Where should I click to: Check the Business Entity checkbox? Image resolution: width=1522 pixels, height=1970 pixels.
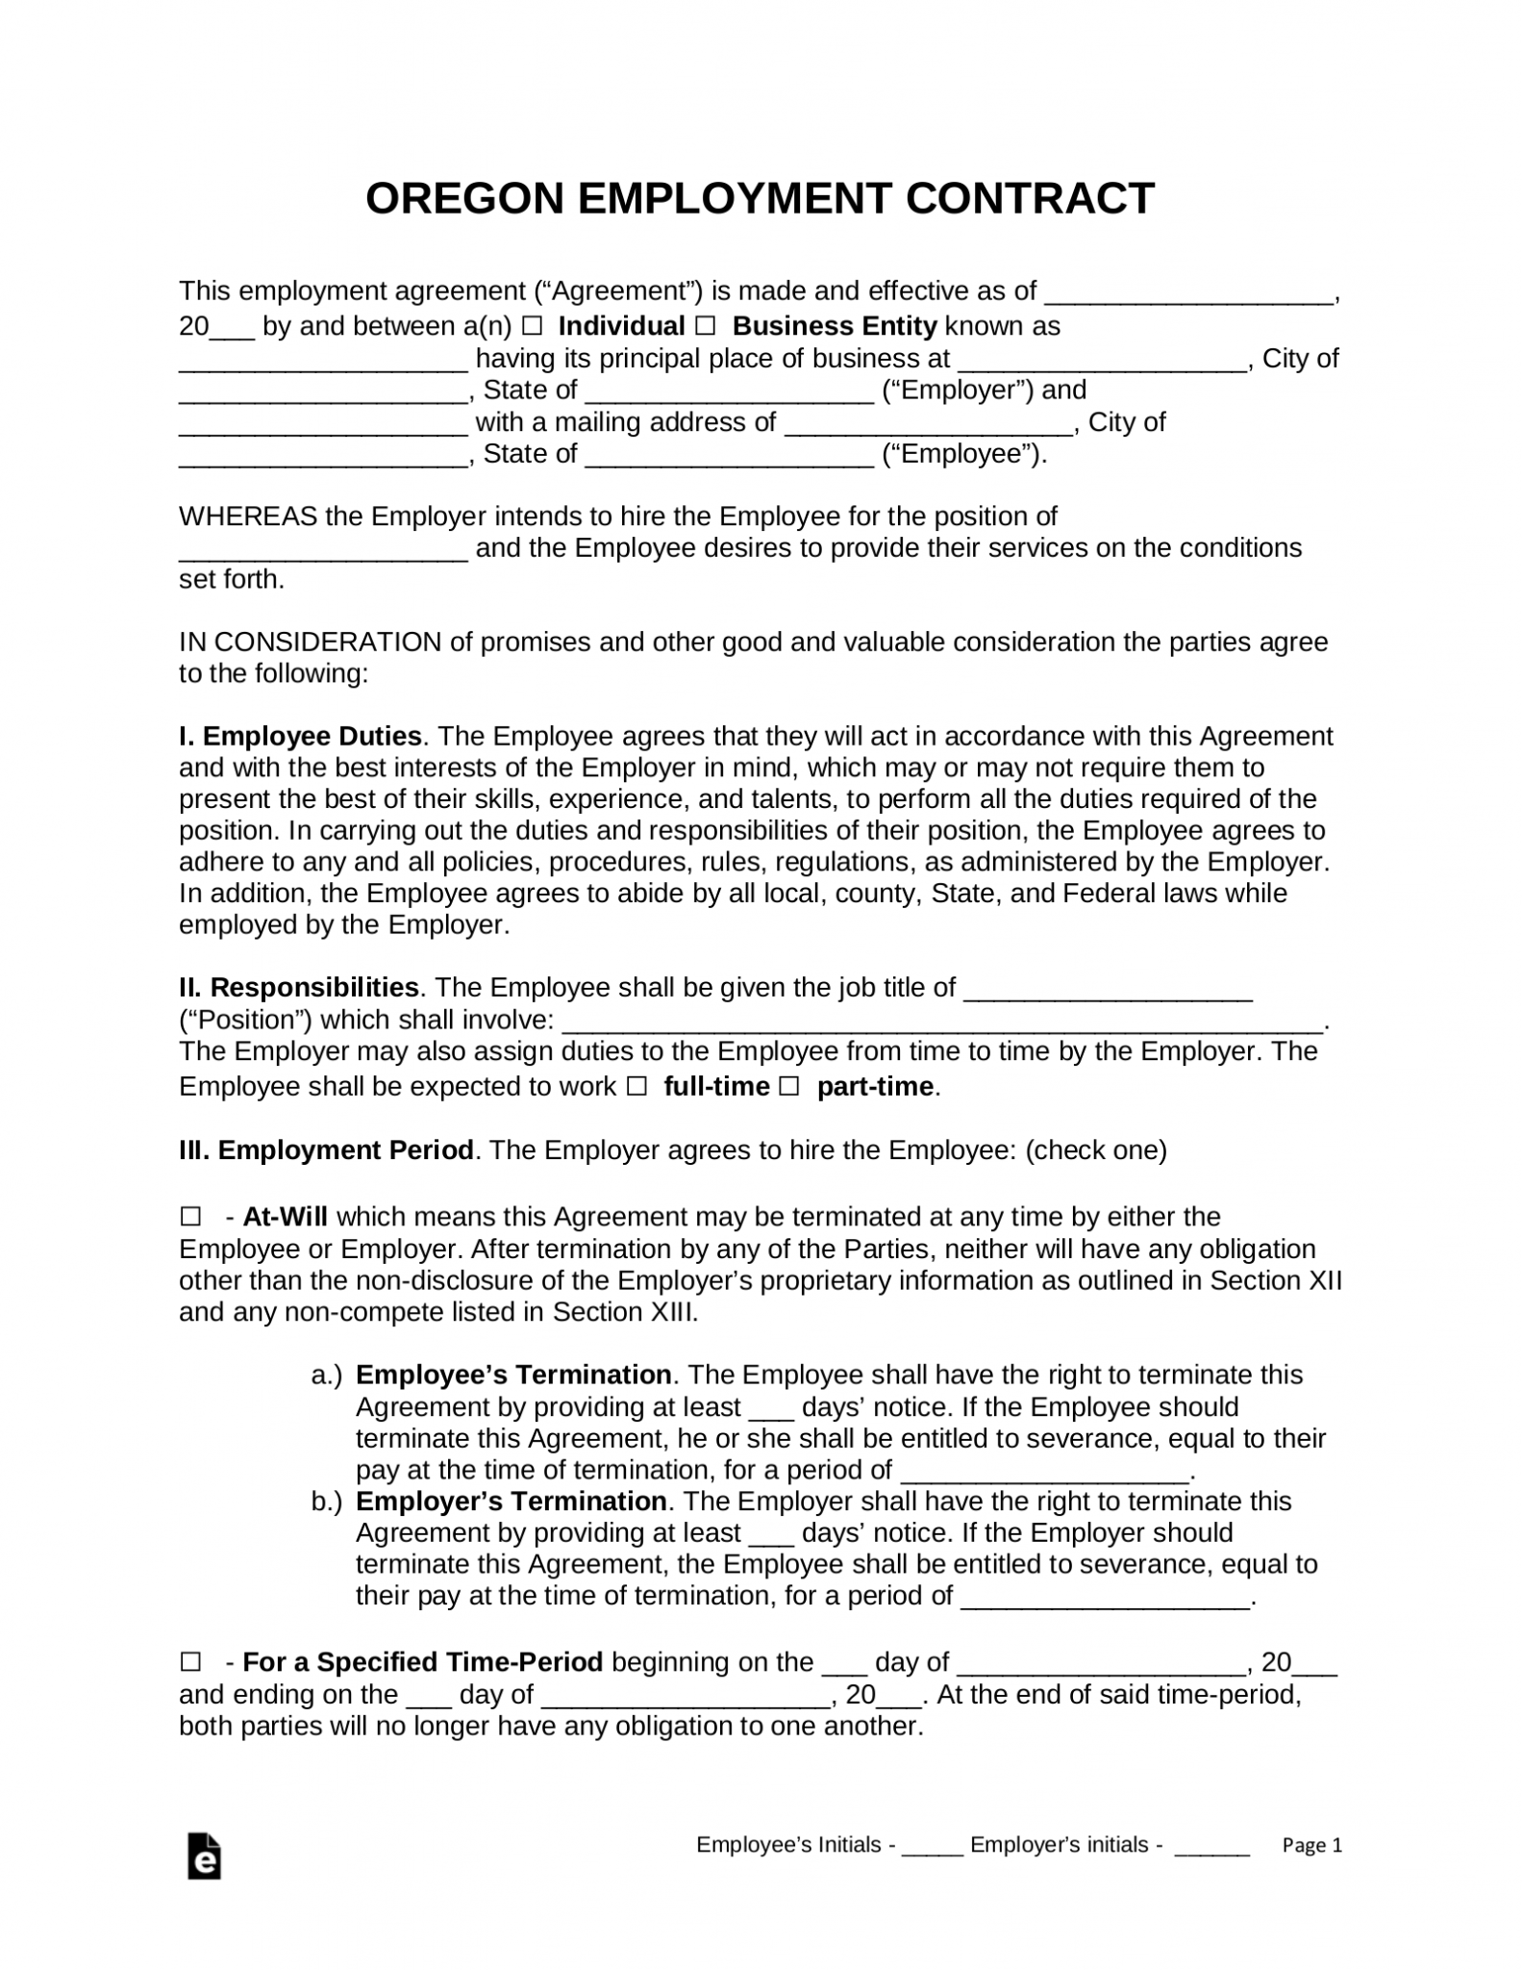pyautogui.click(x=706, y=326)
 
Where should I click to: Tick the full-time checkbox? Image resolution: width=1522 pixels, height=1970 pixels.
pyautogui.click(x=636, y=1087)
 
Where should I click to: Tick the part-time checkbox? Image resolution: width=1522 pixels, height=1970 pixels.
pyautogui.click(x=788, y=1087)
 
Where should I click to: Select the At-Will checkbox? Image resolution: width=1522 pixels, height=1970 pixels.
pyautogui.click(x=190, y=1218)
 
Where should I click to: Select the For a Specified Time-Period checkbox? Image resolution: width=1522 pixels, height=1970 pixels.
pyautogui.click(x=190, y=1662)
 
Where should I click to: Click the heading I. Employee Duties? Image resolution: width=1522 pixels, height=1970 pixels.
pyautogui.click(x=300, y=737)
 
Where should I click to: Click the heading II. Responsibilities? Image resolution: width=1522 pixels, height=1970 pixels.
pyautogui.click(x=299, y=988)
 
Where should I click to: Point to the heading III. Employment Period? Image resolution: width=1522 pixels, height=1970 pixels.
pyautogui.click(x=326, y=1150)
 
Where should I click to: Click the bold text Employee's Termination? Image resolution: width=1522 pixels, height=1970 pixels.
pyautogui.click(x=513, y=1375)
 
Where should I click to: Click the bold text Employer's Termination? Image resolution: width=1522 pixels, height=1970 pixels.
pyautogui.click(x=511, y=1502)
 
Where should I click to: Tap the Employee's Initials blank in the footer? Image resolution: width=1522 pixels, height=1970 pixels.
pyautogui.click(x=933, y=1847)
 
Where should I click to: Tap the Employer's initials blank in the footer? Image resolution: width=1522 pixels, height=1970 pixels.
pyautogui.click(x=1211, y=1847)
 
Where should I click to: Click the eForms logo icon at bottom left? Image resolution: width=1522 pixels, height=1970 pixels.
pyautogui.click(x=205, y=1856)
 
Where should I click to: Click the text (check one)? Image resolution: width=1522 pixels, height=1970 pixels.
pyautogui.click(x=1095, y=1150)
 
